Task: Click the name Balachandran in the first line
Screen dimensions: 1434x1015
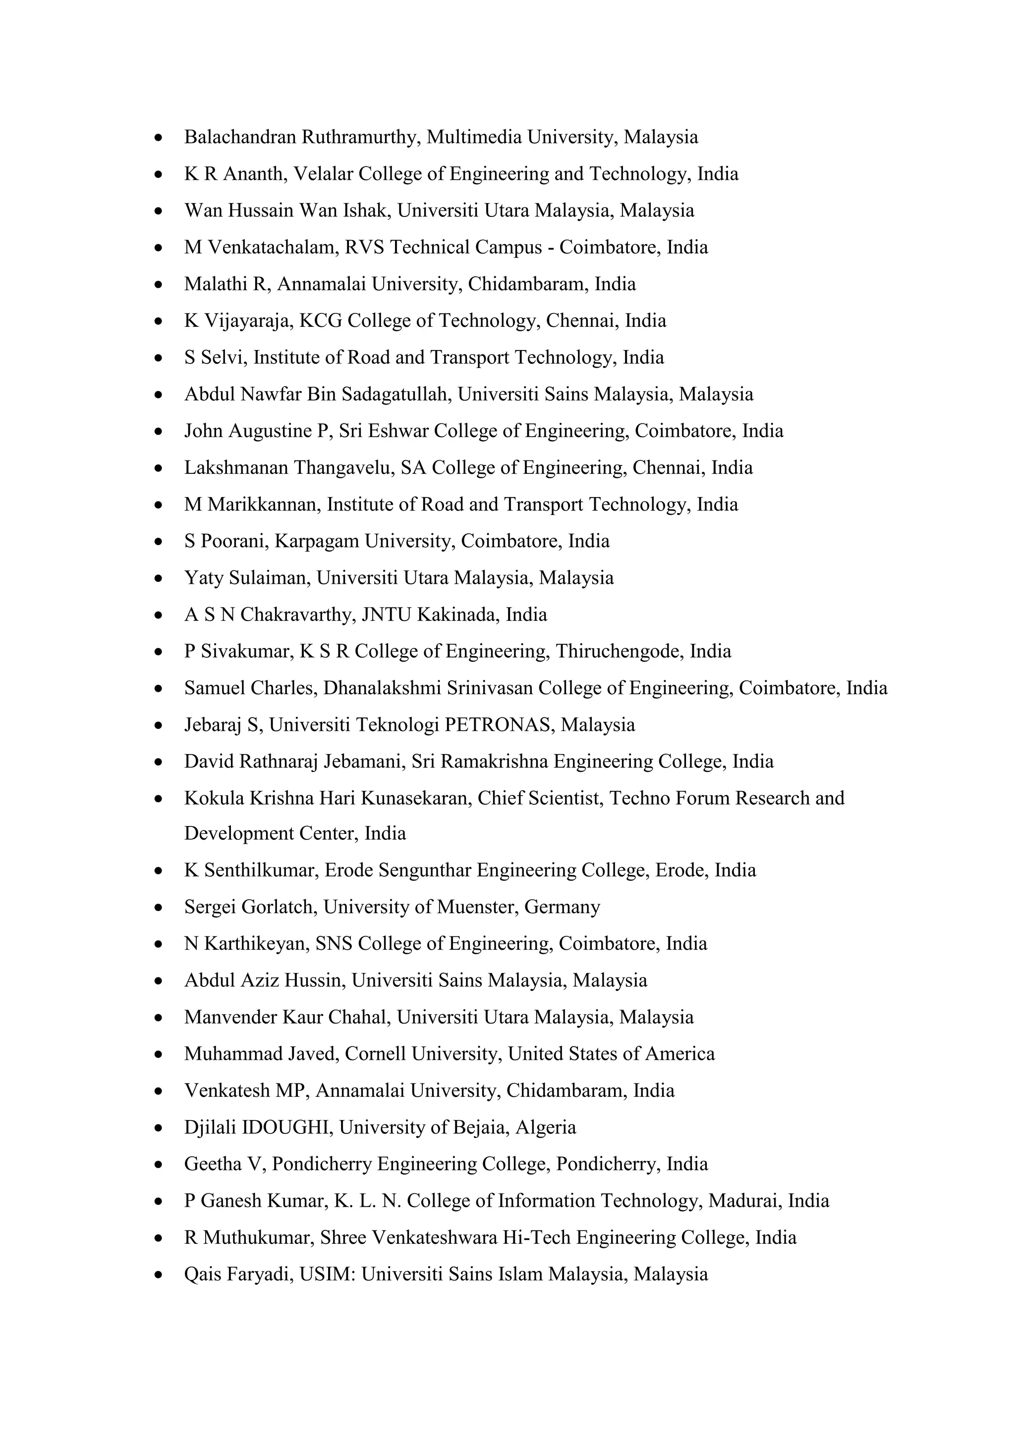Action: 239,137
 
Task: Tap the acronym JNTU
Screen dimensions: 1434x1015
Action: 386,615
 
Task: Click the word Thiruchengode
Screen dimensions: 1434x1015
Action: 620,652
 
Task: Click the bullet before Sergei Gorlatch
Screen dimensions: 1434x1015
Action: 159,908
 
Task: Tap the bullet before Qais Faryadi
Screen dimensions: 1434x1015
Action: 159,1275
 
